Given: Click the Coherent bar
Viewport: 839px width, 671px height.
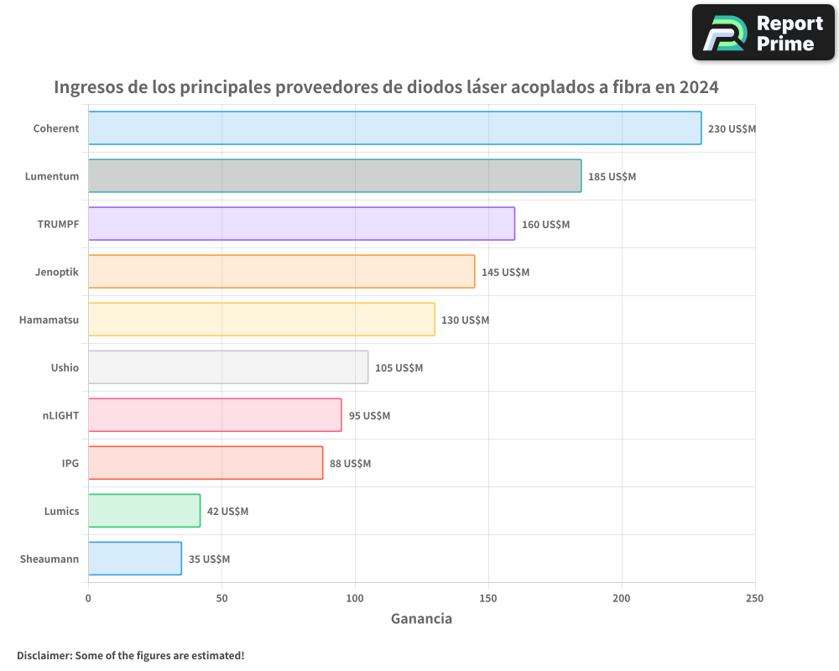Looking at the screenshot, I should coord(394,128).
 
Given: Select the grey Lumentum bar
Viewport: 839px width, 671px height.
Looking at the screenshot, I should coord(334,176).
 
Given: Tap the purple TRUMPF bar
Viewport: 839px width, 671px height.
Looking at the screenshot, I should coord(301,224).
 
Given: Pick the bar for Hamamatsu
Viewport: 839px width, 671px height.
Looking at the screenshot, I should coord(261,320).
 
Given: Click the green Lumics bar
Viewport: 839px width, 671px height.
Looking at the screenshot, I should coord(144,511).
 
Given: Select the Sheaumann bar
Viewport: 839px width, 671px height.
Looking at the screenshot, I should coord(134,559).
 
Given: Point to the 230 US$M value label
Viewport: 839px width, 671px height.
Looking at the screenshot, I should coord(732,129).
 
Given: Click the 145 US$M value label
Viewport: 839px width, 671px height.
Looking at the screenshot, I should coord(505,273).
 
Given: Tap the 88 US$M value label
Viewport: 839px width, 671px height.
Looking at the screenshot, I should coord(350,464).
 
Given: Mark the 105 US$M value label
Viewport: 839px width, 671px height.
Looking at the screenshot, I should coord(399,368).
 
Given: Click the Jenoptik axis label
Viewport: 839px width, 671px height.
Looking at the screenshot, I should coord(57,272).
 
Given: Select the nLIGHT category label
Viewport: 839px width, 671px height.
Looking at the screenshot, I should coord(60,415).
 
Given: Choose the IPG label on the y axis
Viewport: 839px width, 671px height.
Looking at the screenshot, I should coord(70,463).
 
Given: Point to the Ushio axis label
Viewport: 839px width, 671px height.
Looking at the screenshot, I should coord(65,367).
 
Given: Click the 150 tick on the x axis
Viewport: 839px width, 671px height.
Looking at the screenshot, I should coord(488,598).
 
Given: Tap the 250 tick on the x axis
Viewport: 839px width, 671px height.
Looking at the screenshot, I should coord(754,598).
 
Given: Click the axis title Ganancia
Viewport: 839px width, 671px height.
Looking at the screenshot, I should coord(421,619).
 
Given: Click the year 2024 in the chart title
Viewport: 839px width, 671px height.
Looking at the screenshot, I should coord(699,87).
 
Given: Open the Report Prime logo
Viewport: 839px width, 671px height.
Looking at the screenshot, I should coord(763,33).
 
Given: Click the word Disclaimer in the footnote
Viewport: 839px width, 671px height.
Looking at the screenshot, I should coord(44,655).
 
